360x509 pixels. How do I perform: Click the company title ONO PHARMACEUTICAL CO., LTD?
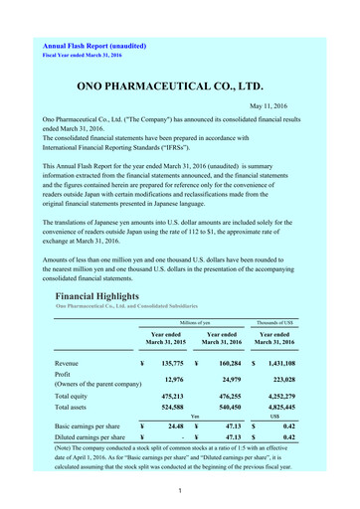[x=179, y=86]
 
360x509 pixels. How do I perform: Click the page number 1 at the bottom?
[x=180, y=494]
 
